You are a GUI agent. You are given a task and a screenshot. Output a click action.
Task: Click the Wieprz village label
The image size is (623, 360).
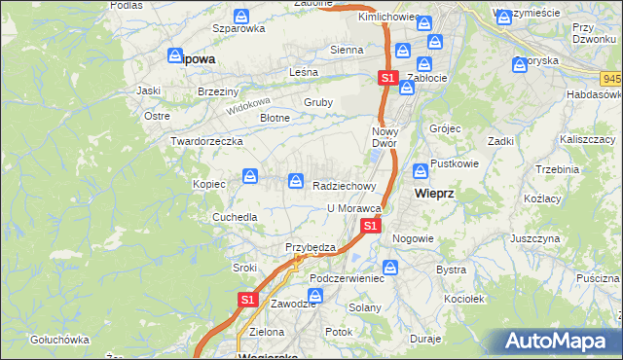[434, 193]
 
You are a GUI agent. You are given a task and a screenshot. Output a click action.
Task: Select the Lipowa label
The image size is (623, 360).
[197, 58]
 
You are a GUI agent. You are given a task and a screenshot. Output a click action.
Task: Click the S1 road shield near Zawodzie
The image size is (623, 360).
[247, 301]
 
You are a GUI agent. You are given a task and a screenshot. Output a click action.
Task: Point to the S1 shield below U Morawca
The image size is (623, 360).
[370, 226]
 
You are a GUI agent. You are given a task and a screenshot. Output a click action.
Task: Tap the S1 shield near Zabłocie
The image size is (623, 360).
[387, 77]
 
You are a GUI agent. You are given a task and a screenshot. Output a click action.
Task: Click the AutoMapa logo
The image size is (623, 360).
[560, 341]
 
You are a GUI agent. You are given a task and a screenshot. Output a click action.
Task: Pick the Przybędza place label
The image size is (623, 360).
[310, 247]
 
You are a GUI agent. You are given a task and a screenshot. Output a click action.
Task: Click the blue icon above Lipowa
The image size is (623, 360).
[175, 56]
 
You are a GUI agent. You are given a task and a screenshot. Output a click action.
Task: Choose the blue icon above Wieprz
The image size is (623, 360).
[421, 172]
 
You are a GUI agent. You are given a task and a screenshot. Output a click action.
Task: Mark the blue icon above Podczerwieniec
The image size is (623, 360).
[390, 267]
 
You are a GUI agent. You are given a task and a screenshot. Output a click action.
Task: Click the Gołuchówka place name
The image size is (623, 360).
[59, 340]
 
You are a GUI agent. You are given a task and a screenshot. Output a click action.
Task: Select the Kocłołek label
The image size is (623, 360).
[465, 299]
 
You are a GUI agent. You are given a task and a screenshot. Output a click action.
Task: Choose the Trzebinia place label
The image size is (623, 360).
[557, 168]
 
